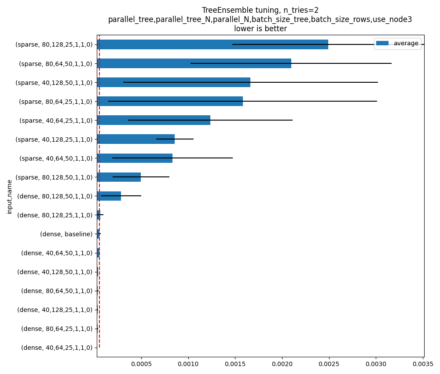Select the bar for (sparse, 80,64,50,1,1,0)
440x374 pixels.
(x=194, y=63)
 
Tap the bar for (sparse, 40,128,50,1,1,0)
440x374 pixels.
(x=173, y=82)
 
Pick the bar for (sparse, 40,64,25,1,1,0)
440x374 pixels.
(x=154, y=120)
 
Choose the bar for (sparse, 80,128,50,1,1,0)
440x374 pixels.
(x=119, y=177)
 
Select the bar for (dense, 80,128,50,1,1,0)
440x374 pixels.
(x=109, y=196)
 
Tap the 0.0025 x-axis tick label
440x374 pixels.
(x=329, y=364)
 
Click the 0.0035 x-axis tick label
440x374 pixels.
(x=423, y=364)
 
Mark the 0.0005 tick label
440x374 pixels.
(x=141, y=364)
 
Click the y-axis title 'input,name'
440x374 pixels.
(x=10, y=196)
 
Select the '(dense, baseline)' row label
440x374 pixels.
(x=66, y=234)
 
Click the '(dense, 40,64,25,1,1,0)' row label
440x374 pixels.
(x=57, y=348)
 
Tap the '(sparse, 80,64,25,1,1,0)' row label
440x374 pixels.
(x=55, y=101)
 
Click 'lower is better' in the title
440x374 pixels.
(x=260, y=29)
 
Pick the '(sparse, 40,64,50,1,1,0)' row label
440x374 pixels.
(x=55, y=158)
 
